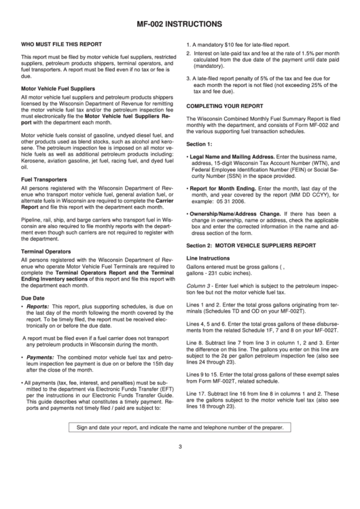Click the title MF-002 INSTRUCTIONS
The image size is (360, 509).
(181, 21)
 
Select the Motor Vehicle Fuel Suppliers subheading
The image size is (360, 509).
(58, 88)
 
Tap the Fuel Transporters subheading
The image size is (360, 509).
(46, 179)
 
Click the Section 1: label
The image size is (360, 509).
(199, 144)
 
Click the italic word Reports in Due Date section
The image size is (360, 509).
(37, 306)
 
